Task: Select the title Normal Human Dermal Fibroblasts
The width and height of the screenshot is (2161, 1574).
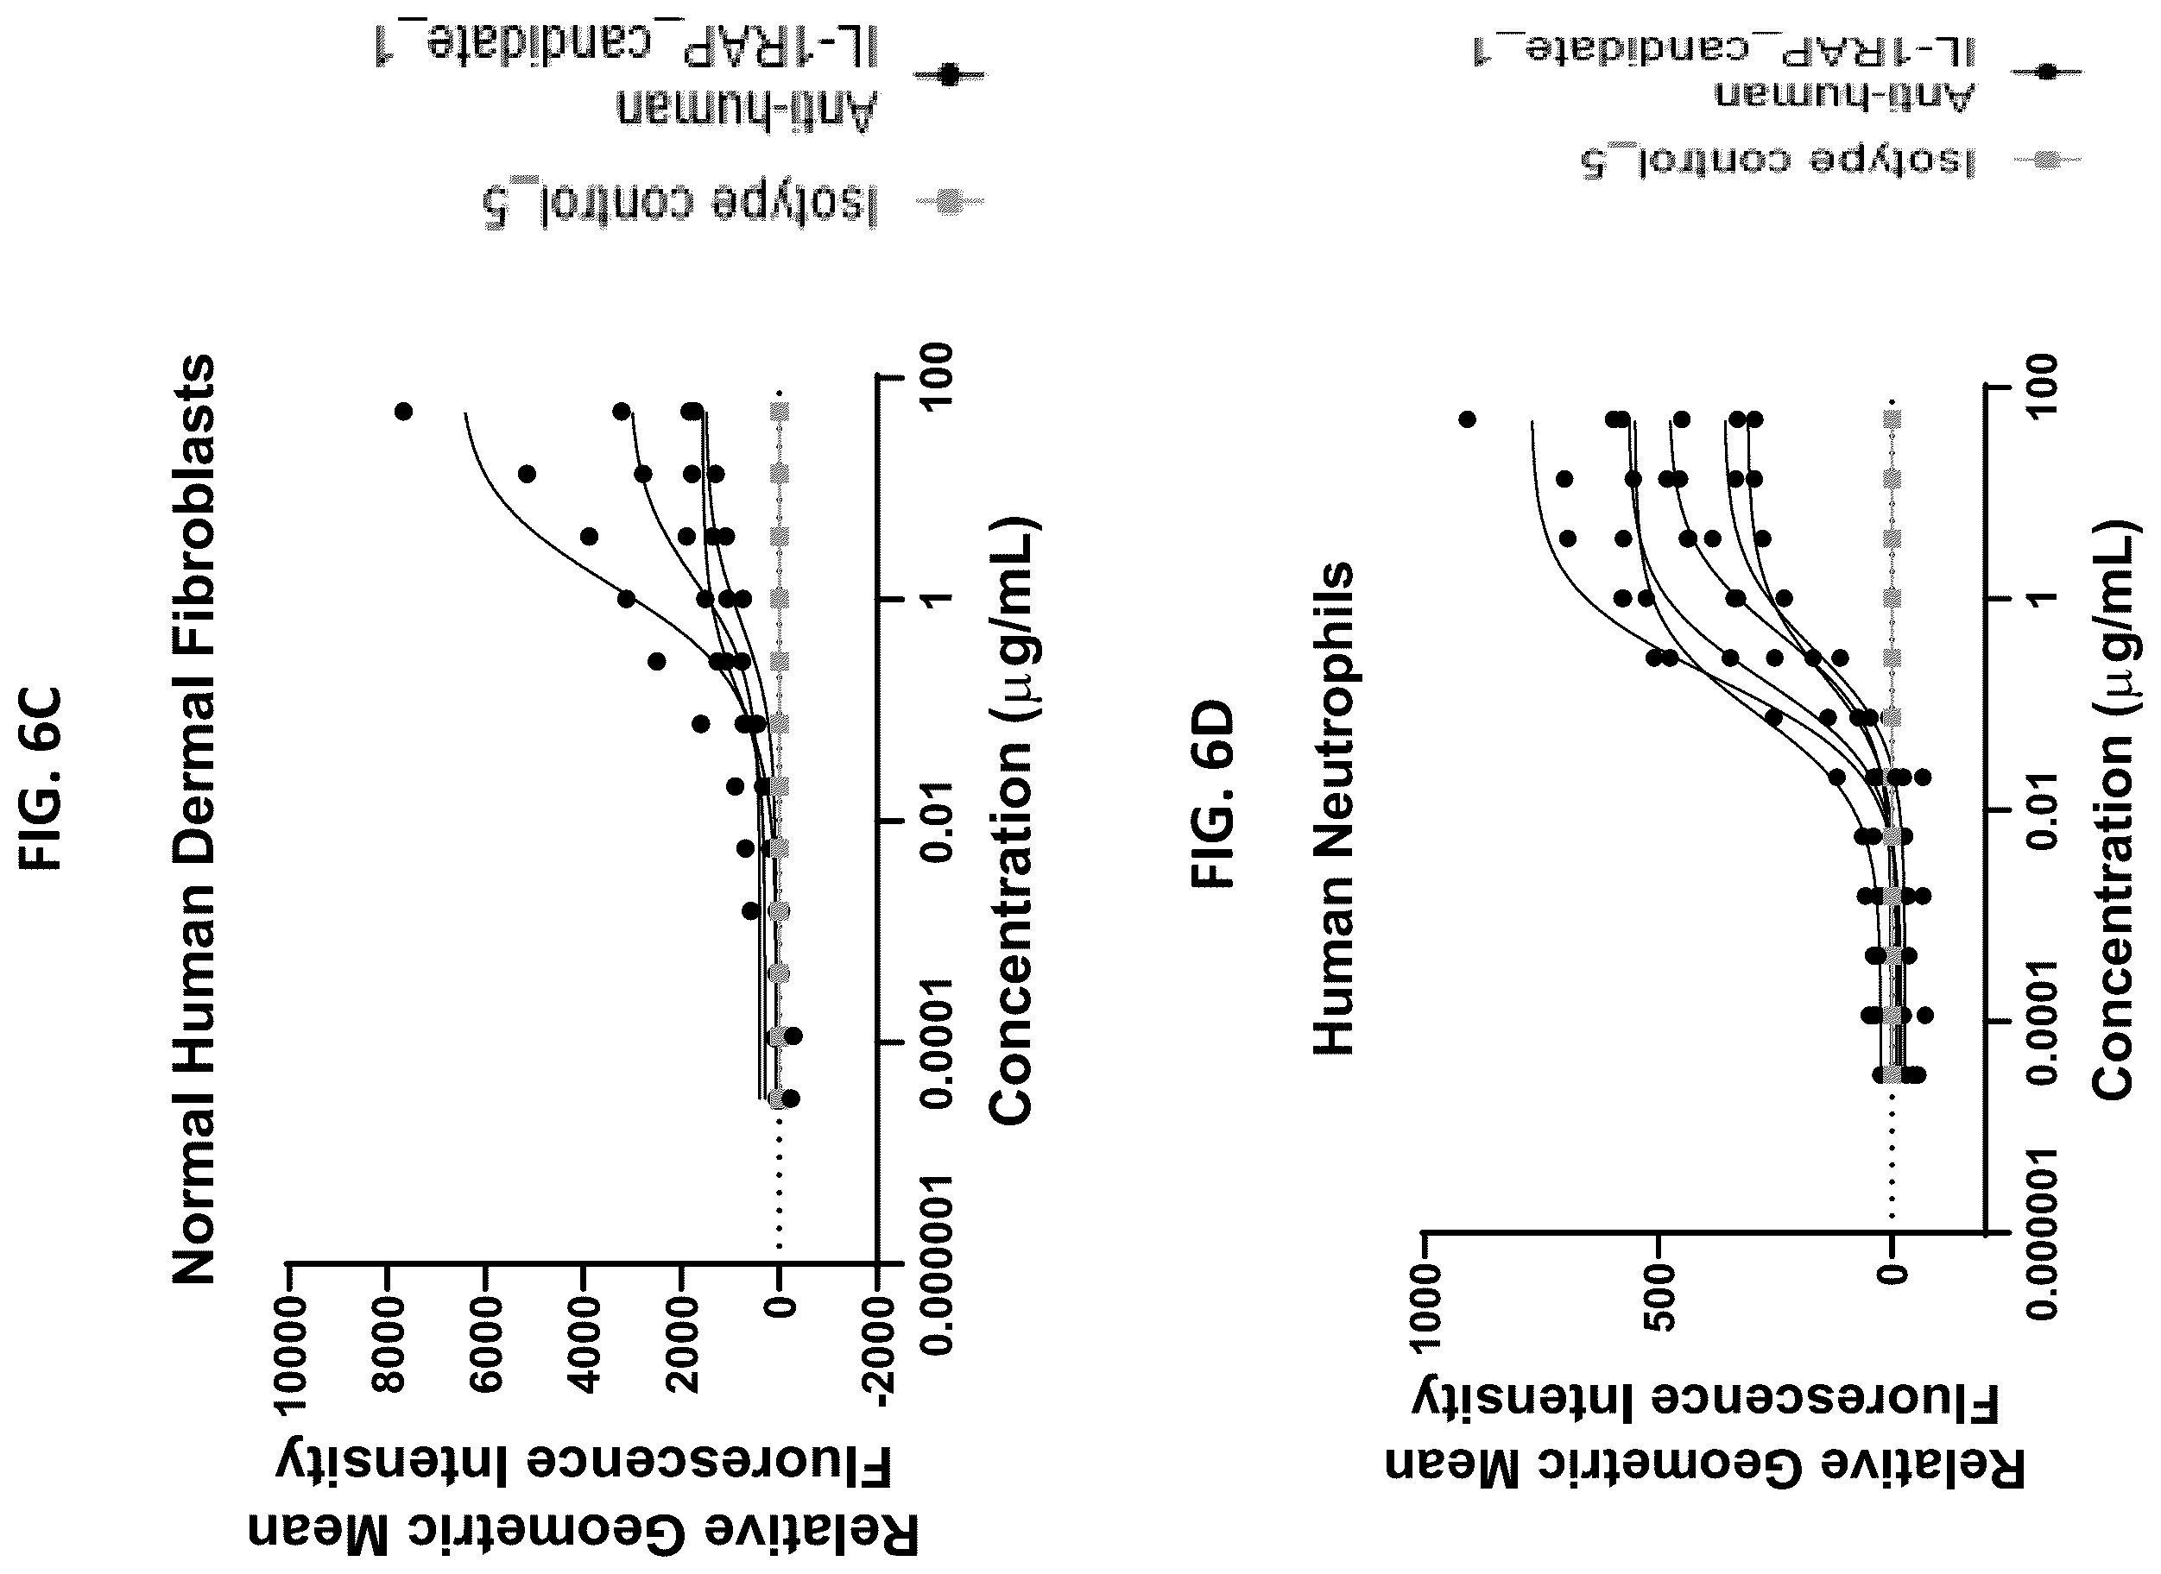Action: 193,820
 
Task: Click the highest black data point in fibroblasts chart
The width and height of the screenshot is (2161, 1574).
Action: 403,412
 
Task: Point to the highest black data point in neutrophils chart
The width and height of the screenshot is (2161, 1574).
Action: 1468,419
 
